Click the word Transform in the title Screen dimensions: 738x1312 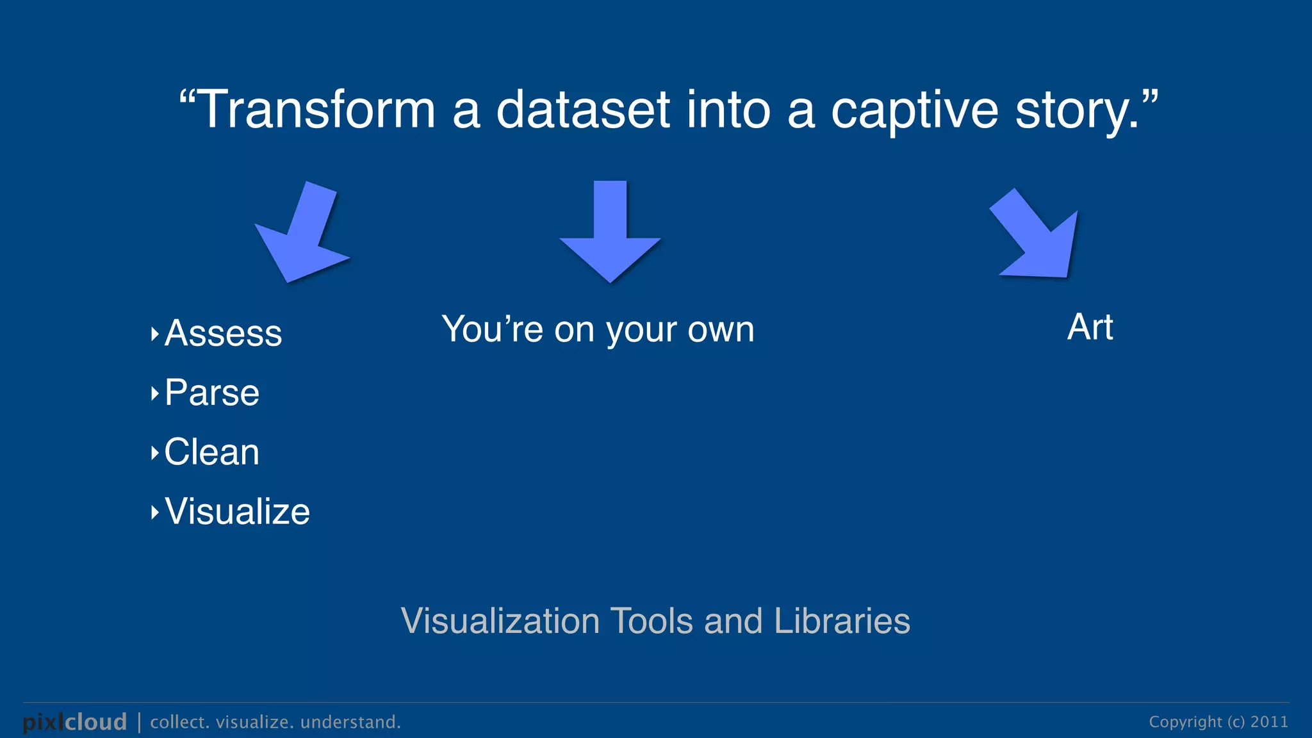tap(318, 110)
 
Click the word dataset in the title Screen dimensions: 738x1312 tap(583, 110)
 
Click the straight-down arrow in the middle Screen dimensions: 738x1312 tap(610, 237)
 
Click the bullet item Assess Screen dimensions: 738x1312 tap(223, 333)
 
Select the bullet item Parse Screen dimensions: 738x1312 tap(212, 393)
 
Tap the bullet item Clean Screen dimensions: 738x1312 tap(212, 452)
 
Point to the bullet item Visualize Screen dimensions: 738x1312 tap(237, 512)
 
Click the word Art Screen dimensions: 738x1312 tap(1090, 327)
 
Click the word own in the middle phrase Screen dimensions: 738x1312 tap(726, 330)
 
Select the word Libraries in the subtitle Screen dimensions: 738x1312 tap(842, 621)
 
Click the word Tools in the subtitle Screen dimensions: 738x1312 tap(652, 621)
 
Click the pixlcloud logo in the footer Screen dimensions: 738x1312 tap(75, 722)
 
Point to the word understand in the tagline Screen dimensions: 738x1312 tap(350, 722)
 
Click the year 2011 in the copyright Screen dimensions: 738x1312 tap(1269, 722)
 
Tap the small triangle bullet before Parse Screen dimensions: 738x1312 tap(154, 393)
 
